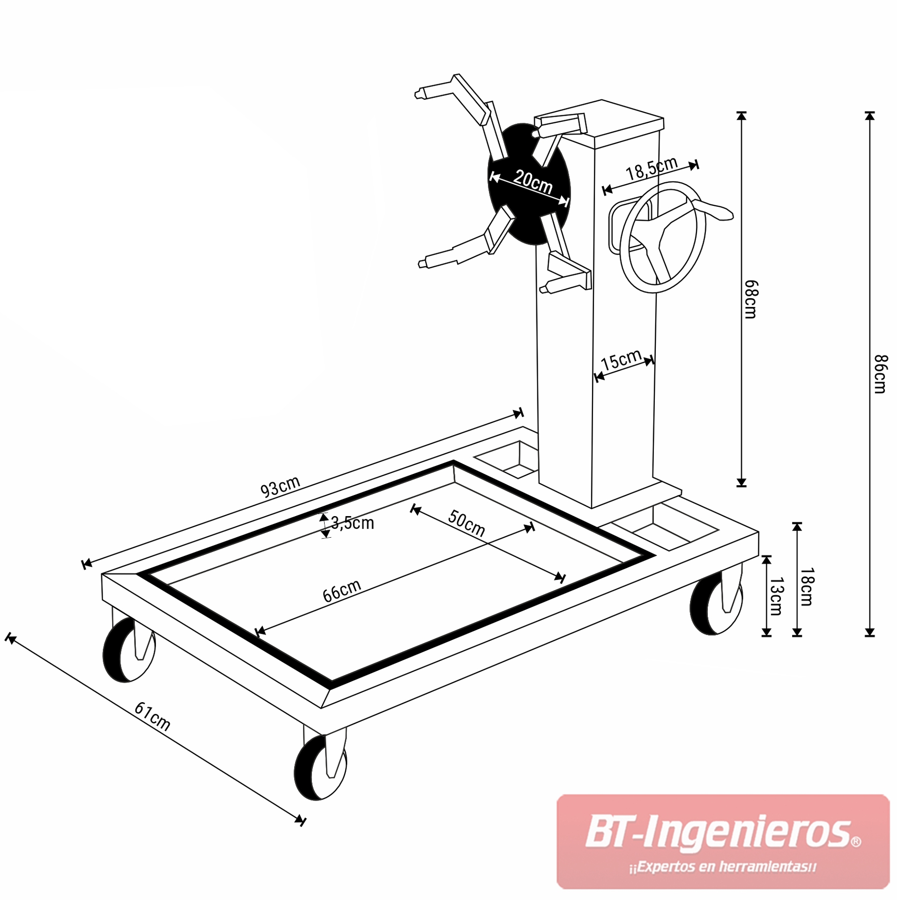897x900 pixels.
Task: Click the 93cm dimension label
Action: tap(280, 486)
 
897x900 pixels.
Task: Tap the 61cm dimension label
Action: tap(152, 716)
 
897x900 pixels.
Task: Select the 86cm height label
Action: tap(881, 375)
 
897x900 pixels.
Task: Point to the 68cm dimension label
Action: tap(750, 300)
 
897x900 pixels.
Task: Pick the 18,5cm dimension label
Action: tap(652, 168)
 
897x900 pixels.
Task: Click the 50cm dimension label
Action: tap(466, 523)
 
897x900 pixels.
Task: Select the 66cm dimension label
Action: tap(342, 591)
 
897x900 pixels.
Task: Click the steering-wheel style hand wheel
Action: tap(662, 237)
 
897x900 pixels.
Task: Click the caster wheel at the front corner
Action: tap(320, 768)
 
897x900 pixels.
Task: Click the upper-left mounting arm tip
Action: tap(418, 94)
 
